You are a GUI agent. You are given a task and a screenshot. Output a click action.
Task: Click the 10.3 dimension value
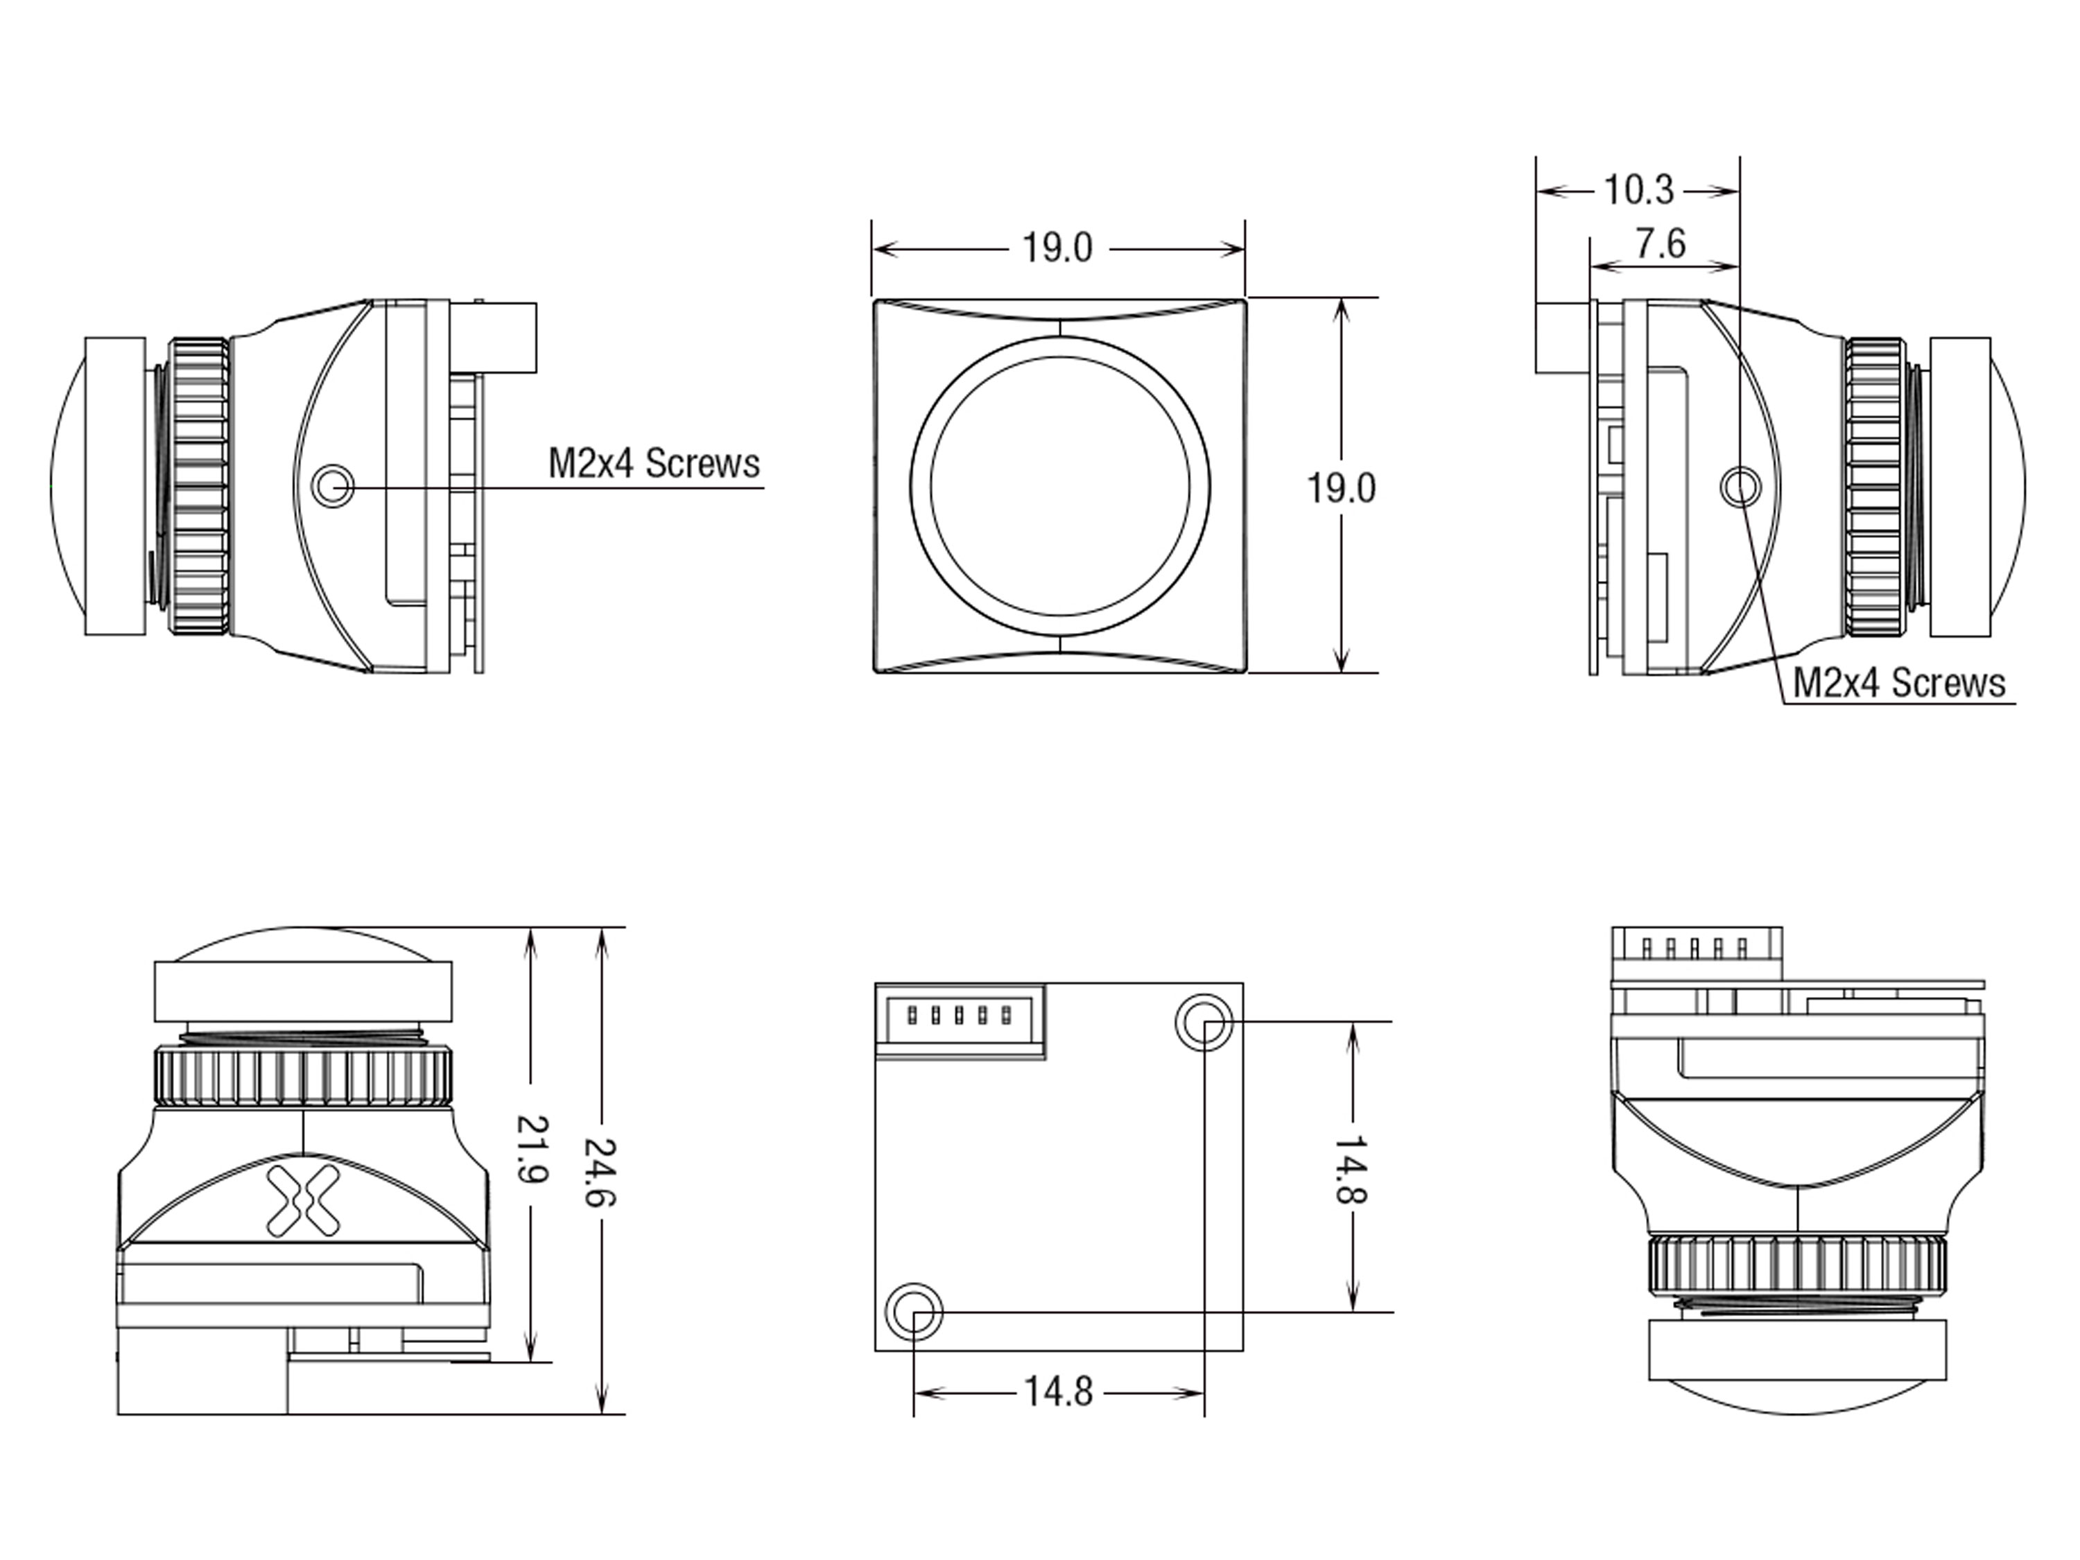pos(1638,190)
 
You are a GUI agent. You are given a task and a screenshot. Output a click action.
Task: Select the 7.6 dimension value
pos(1661,245)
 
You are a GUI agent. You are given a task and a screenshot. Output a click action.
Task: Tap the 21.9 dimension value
pos(532,1148)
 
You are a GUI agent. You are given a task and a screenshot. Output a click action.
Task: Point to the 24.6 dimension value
pos(600,1172)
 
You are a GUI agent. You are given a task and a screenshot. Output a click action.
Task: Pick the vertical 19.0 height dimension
pos(1341,488)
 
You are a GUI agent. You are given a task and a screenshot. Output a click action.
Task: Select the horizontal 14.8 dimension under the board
pos(1058,1391)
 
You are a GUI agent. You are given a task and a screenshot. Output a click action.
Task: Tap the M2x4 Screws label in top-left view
pos(654,464)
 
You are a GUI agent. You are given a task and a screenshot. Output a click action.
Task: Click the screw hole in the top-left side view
pos(332,486)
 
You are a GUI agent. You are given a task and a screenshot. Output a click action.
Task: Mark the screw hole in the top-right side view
pos(1740,486)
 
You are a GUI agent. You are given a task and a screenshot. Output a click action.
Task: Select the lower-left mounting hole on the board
pos(913,1311)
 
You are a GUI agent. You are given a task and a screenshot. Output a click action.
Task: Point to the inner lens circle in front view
pos(1059,487)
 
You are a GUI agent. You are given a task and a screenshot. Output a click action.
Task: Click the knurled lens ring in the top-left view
pos(198,486)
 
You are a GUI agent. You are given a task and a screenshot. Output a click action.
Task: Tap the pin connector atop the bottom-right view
pos(1697,955)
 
